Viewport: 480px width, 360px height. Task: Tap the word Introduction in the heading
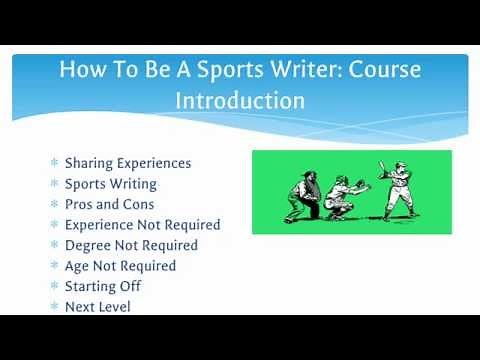coord(240,102)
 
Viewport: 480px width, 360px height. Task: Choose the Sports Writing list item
coord(110,184)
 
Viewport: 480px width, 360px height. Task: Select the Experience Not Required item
coord(142,225)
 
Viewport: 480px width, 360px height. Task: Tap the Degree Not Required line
coord(131,245)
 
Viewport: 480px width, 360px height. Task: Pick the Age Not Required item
coord(120,266)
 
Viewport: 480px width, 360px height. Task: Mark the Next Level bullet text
coord(97,307)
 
